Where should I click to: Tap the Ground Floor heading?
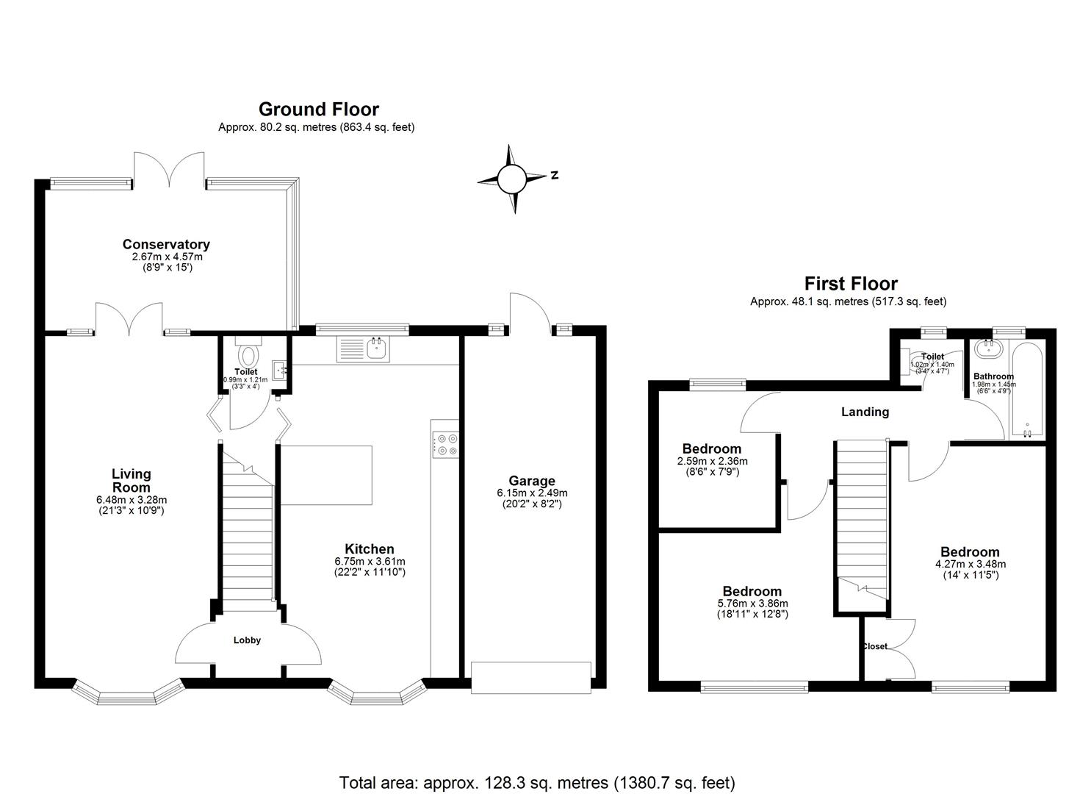click(318, 110)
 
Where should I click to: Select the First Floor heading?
click(851, 284)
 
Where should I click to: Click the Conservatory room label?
click(166, 244)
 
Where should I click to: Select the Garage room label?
click(531, 482)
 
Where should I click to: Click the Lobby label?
click(247, 640)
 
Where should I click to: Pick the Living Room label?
click(131, 481)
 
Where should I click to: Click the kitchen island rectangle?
click(326, 475)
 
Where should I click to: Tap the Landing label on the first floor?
click(865, 412)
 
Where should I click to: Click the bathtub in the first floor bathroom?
click(1026, 390)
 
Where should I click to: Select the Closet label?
click(874, 647)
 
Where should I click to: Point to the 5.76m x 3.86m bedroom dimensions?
click(752, 604)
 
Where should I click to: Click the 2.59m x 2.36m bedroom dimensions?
click(711, 461)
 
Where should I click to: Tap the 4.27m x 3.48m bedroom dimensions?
click(970, 565)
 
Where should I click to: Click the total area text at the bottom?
click(537, 782)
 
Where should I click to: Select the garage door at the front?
click(530, 677)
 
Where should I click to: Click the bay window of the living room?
click(128, 694)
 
